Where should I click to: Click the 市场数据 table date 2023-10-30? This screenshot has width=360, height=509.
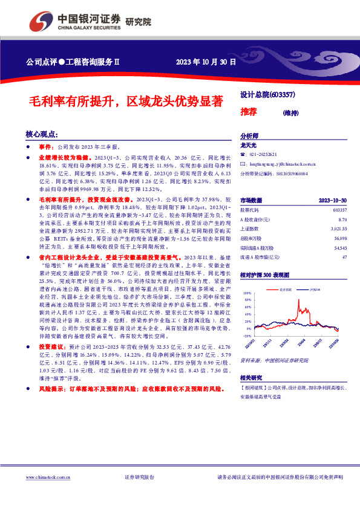click(x=332, y=200)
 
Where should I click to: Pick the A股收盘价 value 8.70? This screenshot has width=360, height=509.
click(x=342, y=219)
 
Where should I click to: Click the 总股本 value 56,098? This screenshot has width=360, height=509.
click(x=339, y=239)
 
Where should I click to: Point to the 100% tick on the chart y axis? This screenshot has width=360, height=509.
click(x=246, y=293)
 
